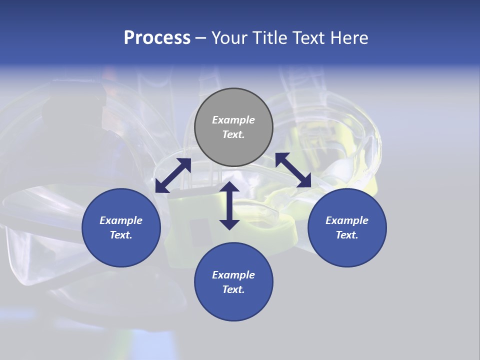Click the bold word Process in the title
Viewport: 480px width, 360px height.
157,38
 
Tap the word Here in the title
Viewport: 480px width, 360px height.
349,38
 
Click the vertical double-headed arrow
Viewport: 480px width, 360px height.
229,205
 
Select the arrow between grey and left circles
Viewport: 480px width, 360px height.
173,175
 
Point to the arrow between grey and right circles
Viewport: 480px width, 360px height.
293,170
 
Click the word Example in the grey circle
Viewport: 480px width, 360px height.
233,120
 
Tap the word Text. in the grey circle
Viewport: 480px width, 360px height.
233,134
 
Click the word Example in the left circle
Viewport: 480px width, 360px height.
121,220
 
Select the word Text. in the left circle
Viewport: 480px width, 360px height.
121,235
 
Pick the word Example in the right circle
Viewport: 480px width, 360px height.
347,220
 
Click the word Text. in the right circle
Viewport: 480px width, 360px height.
347,235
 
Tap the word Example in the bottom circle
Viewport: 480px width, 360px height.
233,275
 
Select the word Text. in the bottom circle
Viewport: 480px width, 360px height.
233,289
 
